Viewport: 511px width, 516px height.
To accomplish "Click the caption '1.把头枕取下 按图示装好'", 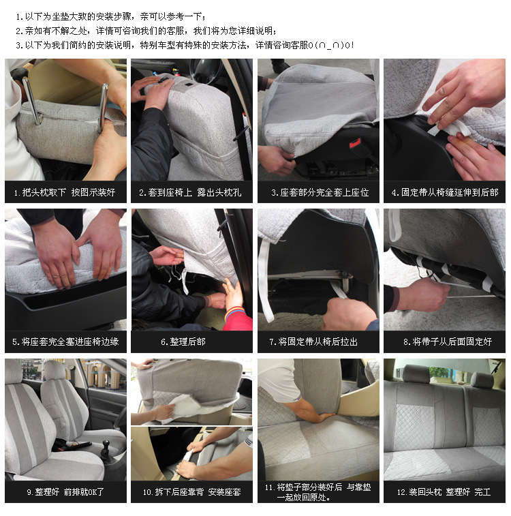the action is click(x=65, y=192).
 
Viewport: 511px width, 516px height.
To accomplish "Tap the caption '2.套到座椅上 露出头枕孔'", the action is click(x=190, y=192).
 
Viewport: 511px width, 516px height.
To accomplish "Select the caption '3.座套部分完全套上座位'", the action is click(x=320, y=192).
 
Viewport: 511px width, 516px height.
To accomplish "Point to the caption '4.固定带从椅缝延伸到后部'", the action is click(x=445, y=192).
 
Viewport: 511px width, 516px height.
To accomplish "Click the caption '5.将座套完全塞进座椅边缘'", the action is click(x=66, y=342).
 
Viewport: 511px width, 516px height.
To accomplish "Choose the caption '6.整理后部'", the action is click(x=183, y=342).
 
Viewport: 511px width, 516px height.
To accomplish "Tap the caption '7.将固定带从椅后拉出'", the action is click(x=313, y=342).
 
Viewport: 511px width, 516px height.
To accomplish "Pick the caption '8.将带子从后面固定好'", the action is click(x=448, y=342).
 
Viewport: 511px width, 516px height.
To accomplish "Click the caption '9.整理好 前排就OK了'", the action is click(x=65, y=491).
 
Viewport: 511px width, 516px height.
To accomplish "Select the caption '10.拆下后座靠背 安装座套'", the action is click(x=191, y=491).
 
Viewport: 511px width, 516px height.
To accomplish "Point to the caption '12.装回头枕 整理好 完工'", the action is click(x=444, y=491).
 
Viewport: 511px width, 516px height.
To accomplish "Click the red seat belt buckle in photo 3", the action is click(x=355, y=143).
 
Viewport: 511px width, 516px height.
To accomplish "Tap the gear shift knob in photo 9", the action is click(x=106, y=444).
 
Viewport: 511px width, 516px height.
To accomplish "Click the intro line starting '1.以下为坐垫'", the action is click(x=111, y=16).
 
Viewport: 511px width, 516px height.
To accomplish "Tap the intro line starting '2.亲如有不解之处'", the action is click(x=146, y=31).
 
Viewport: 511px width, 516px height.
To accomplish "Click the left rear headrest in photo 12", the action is click(x=416, y=374).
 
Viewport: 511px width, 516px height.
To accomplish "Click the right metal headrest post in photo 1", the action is click(x=104, y=107).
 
